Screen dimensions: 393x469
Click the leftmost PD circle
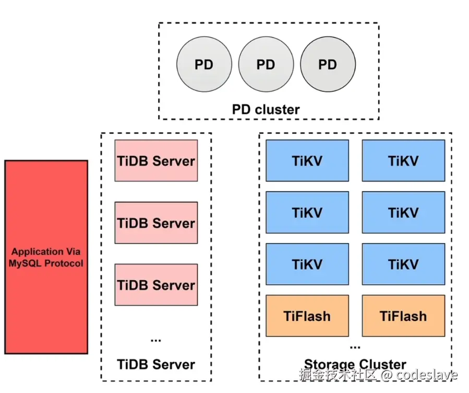pyautogui.click(x=204, y=65)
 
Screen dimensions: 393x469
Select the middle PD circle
pyautogui.click(x=266, y=65)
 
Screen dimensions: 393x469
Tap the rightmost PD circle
pyautogui.click(x=328, y=65)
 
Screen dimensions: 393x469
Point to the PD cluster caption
pyautogui.click(x=266, y=110)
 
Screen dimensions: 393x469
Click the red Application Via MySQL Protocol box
pyautogui.click(x=46, y=258)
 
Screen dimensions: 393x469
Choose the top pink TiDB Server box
pyautogui.click(x=156, y=160)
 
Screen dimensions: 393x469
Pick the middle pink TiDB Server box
pyautogui.click(x=156, y=223)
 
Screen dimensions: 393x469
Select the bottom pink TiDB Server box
pyautogui.click(x=156, y=285)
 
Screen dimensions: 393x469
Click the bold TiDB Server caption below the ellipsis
pyautogui.click(x=156, y=364)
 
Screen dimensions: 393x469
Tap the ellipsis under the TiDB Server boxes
pyautogui.click(x=156, y=340)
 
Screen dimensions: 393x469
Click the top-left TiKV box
pyautogui.click(x=307, y=160)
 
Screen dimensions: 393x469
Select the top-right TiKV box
pyautogui.click(x=403, y=160)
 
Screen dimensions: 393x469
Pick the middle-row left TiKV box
pyautogui.click(x=307, y=212)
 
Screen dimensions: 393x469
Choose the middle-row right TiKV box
pyautogui.click(x=403, y=212)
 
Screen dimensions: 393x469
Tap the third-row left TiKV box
pyautogui.click(x=307, y=264)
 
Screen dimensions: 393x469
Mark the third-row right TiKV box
pyautogui.click(x=403, y=264)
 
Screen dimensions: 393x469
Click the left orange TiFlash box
pyautogui.click(x=307, y=316)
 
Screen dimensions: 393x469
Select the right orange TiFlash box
pyautogui.click(x=403, y=316)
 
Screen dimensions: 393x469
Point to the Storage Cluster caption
pyautogui.click(x=355, y=364)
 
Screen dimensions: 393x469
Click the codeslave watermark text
pyautogui.click(x=426, y=375)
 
